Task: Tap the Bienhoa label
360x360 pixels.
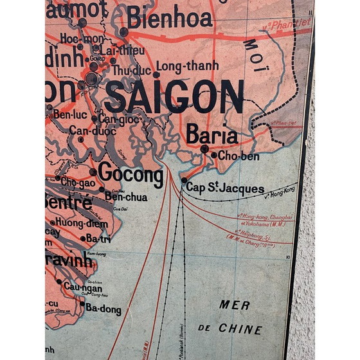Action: tap(169, 19)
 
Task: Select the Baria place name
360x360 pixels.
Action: tap(212, 135)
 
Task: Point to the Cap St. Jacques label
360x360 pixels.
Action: tap(225, 188)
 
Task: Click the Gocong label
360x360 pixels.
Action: tap(130, 175)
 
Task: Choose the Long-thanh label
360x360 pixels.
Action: tap(187, 66)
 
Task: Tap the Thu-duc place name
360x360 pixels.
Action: tap(131, 69)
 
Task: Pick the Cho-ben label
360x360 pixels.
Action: tap(239, 155)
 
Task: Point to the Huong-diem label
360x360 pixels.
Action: tap(82, 223)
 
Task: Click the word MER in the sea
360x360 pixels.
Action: tap(234, 305)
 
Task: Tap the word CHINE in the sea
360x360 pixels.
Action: tap(240, 329)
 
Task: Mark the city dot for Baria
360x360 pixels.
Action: tap(204, 149)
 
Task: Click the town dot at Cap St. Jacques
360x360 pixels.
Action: tap(184, 181)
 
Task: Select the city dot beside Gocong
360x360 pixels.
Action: tap(93, 172)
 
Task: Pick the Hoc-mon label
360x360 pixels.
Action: tap(77, 39)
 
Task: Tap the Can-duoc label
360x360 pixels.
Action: tap(93, 131)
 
